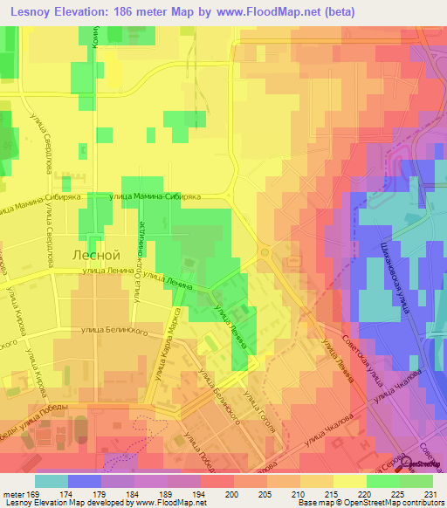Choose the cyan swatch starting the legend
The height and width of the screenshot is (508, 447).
(x=52, y=481)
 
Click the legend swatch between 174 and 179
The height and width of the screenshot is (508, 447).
(x=85, y=481)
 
